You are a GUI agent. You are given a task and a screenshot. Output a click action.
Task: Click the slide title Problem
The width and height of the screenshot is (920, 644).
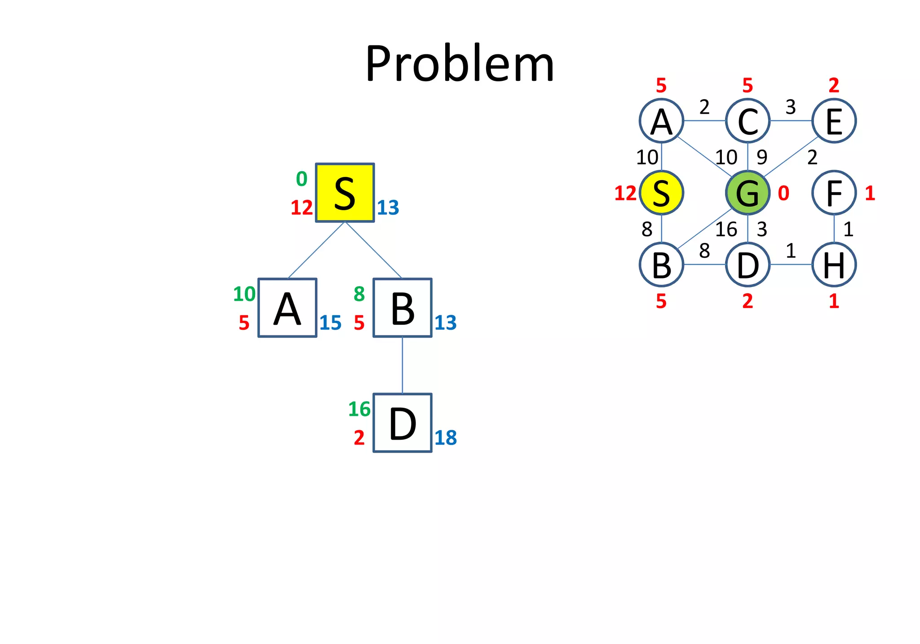pyautogui.click(x=460, y=64)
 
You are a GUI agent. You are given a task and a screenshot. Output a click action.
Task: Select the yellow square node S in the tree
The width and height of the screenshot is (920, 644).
pyautogui.click(x=345, y=193)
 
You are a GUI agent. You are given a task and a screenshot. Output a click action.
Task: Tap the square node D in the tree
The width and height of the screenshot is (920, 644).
pyautogui.click(x=402, y=423)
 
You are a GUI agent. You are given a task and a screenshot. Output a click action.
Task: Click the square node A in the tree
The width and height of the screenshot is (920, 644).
pyautogui.click(x=287, y=308)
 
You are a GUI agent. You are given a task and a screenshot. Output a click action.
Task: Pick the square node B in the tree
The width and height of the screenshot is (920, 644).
pyautogui.click(x=402, y=308)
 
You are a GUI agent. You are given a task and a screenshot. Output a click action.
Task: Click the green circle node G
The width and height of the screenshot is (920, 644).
pyautogui.click(x=747, y=193)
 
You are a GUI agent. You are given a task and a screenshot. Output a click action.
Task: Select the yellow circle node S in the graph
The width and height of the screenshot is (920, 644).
pyautogui.click(x=661, y=193)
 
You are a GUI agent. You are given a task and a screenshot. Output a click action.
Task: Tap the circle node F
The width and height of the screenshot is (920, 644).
pyautogui.click(x=834, y=193)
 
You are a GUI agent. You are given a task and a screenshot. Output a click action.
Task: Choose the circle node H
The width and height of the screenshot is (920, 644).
pyautogui.click(x=834, y=265)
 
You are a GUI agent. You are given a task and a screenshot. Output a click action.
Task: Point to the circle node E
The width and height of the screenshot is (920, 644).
pyautogui.click(x=834, y=121)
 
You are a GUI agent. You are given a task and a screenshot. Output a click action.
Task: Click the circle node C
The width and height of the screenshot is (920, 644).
pyautogui.click(x=747, y=121)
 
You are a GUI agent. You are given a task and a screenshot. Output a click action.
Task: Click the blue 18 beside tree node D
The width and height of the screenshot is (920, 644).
pyautogui.click(x=446, y=438)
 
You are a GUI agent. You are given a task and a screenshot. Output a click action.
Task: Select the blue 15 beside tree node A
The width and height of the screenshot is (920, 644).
pyautogui.click(x=330, y=323)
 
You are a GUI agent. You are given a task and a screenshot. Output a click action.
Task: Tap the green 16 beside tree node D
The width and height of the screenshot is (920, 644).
pyautogui.click(x=359, y=409)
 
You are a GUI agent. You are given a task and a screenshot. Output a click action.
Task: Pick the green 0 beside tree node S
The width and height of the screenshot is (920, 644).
pyautogui.click(x=301, y=179)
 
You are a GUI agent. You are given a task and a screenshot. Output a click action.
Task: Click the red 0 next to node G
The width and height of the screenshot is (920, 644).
pyautogui.click(x=783, y=193)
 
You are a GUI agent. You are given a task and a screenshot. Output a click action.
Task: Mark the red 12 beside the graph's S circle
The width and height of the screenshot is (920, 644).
pyautogui.click(x=625, y=194)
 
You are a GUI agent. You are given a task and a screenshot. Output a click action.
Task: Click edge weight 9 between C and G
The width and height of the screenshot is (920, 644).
pyautogui.click(x=762, y=157)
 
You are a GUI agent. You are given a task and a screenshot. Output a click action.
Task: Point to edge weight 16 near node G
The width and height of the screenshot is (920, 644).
pyautogui.click(x=726, y=229)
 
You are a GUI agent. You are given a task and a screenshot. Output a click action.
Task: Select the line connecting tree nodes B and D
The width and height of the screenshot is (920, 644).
pyautogui.click(x=402, y=365)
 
